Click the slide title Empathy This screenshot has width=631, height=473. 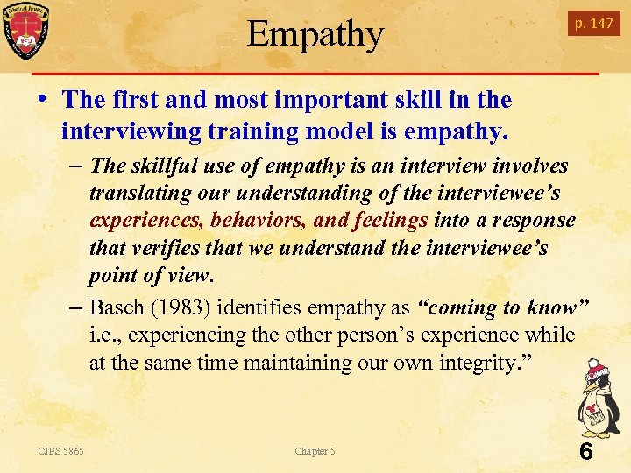point(315,35)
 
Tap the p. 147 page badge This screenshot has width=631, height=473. point(593,24)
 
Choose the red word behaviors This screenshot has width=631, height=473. point(258,220)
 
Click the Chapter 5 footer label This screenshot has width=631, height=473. point(315,451)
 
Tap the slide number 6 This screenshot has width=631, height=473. point(585,452)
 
